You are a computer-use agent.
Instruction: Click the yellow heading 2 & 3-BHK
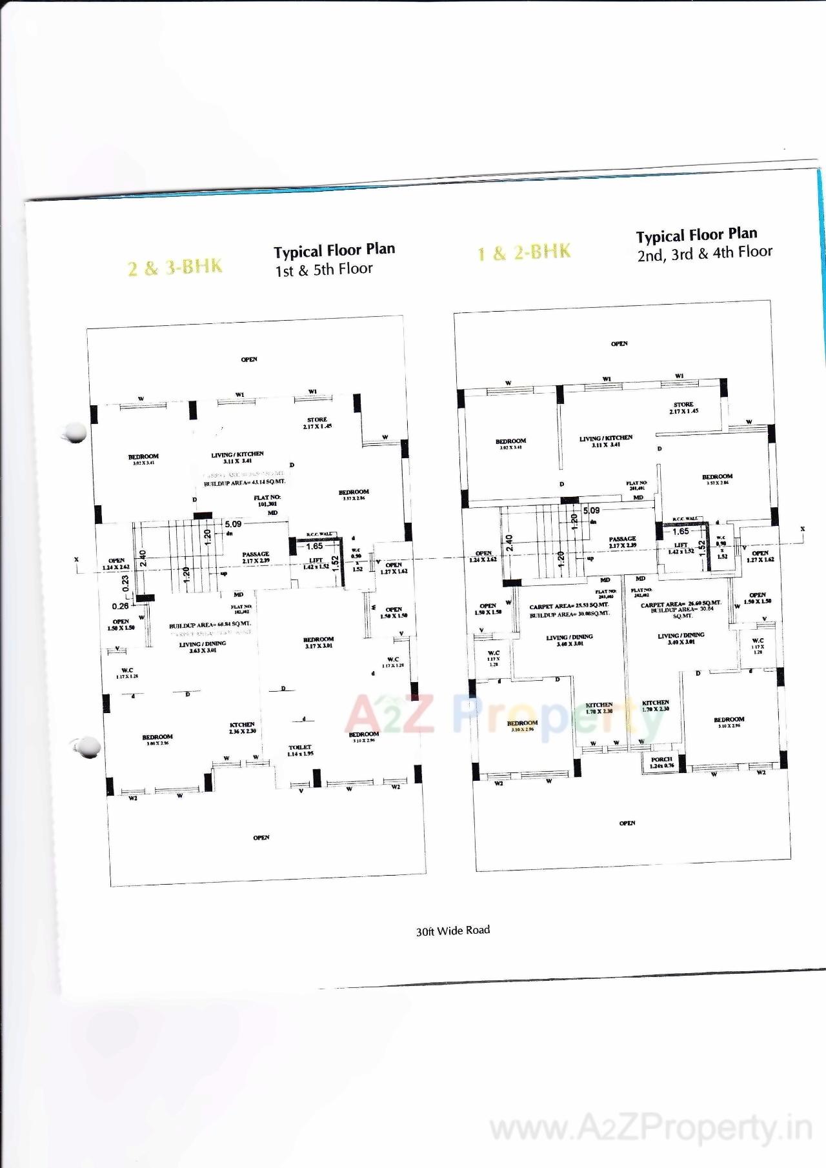point(175,267)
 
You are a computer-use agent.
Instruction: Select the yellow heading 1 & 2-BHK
point(524,252)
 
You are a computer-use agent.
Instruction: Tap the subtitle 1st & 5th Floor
point(324,270)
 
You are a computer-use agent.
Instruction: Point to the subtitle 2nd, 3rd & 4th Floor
point(705,253)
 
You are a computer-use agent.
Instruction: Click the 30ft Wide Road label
point(453,931)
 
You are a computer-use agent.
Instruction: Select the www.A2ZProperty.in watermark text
point(650,1129)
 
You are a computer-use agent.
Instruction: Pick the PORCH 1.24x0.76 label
point(661,762)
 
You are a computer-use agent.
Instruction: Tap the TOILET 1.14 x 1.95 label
point(300,750)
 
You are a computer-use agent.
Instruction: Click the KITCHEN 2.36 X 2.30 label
point(242,727)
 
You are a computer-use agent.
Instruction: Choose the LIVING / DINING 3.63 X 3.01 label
point(203,647)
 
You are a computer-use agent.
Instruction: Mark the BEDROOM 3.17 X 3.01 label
point(318,642)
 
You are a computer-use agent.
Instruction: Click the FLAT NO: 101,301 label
point(267,500)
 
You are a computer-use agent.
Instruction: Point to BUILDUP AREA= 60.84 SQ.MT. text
point(210,625)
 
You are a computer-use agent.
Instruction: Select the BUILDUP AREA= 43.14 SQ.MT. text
point(245,482)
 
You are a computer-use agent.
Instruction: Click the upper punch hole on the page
point(76,432)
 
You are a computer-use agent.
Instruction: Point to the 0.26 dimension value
point(120,606)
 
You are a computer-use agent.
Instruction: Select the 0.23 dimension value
point(125,583)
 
